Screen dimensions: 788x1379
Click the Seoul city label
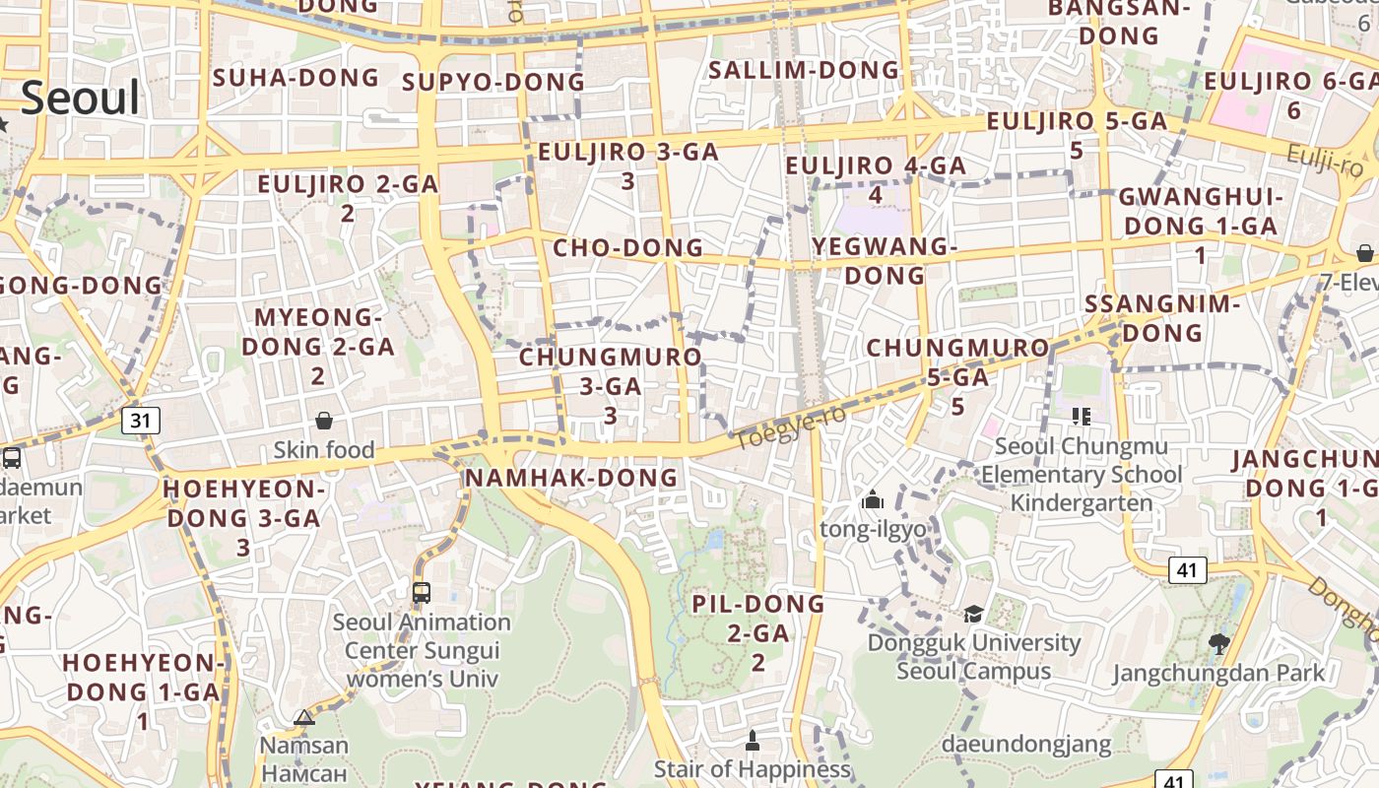coord(80,98)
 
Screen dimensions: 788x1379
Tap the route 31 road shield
coord(141,422)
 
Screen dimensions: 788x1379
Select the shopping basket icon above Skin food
coord(323,422)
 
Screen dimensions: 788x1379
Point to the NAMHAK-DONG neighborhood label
coord(571,478)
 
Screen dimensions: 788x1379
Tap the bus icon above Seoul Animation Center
coord(422,592)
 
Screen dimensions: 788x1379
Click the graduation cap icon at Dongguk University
coord(973,614)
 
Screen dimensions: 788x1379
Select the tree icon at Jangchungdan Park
coord(1219,644)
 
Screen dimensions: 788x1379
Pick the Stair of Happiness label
coord(753,768)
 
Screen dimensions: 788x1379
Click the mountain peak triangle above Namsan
coord(304,717)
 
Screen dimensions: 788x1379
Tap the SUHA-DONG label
coord(296,78)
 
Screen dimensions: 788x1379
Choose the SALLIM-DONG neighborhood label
coord(804,70)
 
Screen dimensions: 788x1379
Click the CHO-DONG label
coord(628,247)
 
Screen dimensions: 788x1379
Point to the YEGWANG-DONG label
coord(885,261)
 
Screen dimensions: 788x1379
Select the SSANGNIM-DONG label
coord(1162,318)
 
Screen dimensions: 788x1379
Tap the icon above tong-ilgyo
coord(872,500)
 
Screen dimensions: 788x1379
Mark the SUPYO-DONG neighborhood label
coord(493,82)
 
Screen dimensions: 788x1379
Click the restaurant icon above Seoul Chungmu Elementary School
coord(1081,417)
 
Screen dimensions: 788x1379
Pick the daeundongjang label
coord(1026,744)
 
